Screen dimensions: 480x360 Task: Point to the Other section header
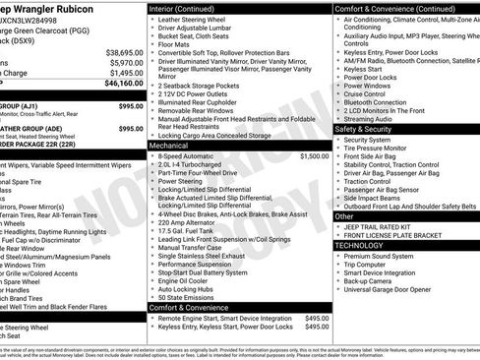tap(344, 215)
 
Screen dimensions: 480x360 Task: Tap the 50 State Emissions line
tap(188, 297)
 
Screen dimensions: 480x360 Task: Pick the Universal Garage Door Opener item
tap(394, 289)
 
